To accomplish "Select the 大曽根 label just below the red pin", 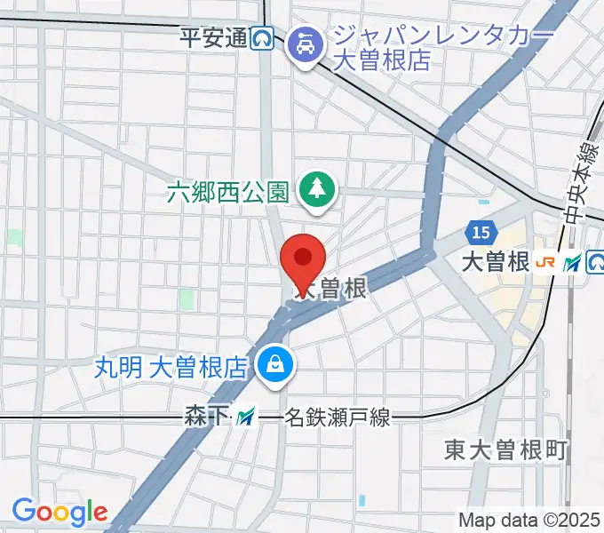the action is click(330, 290).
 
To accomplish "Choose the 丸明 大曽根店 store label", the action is click(171, 366).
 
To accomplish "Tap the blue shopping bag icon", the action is click(274, 365).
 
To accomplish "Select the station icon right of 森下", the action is click(244, 415).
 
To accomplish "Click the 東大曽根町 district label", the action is click(505, 450).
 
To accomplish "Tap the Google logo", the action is click(60, 511).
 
